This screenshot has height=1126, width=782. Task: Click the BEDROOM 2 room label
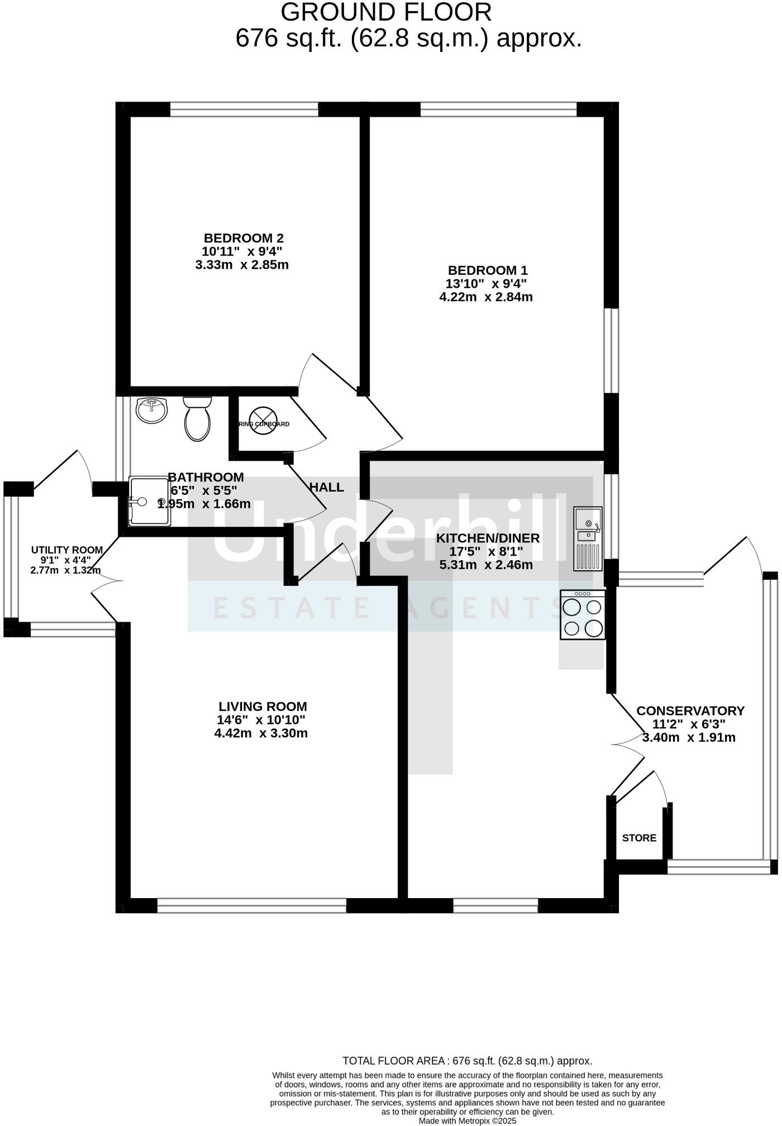(x=244, y=238)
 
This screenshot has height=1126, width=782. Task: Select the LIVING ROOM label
(x=263, y=707)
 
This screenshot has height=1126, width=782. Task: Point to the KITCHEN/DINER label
(x=488, y=538)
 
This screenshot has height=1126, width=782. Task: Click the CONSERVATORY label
(x=690, y=711)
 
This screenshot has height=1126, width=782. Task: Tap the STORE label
(x=639, y=838)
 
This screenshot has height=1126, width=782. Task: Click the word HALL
(x=327, y=487)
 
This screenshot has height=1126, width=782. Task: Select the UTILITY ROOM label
(x=67, y=550)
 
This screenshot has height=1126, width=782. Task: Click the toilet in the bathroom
(x=197, y=419)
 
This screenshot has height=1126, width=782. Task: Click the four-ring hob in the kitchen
(x=583, y=615)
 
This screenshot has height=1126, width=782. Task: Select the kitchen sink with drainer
(x=588, y=538)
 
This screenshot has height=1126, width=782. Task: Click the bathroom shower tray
(x=149, y=501)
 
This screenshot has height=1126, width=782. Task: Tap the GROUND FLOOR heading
(x=386, y=12)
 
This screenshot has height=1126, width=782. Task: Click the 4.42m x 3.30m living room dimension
(x=261, y=733)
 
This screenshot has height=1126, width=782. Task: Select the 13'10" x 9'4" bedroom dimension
(x=486, y=284)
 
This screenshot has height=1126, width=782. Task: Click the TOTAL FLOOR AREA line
(x=467, y=1061)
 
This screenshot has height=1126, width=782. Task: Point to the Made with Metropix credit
(x=467, y=1120)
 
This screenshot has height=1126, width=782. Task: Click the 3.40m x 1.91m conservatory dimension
(x=689, y=738)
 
